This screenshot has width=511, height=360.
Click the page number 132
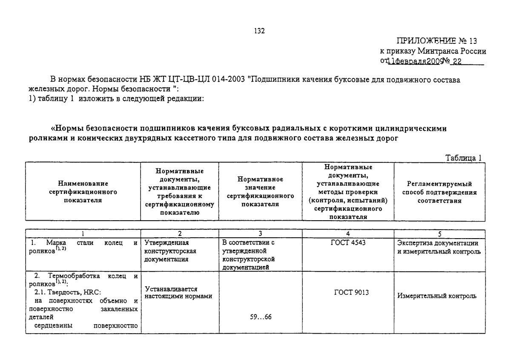click(x=259, y=31)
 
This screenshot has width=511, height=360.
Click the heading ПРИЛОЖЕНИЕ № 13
click(x=437, y=41)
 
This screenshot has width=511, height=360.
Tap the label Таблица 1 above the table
click(x=463, y=158)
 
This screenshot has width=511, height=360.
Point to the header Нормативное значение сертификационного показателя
click(x=260, y=192)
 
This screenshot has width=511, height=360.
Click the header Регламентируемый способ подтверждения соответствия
click(x=439, y=192)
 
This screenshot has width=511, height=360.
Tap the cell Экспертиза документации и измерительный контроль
click(x=439, y=247)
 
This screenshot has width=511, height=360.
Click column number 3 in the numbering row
click(x=260, y=233)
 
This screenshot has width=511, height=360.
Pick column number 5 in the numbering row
click(x=439, y=233)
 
